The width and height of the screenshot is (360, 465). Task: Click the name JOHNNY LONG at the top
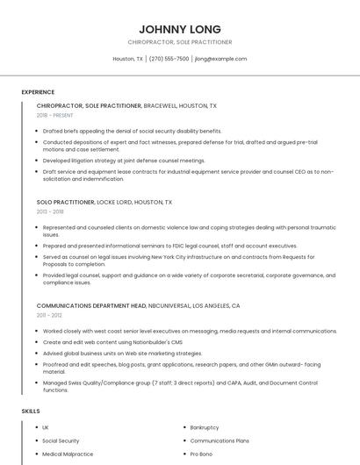179,29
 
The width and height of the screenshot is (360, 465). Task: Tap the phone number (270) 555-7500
169,59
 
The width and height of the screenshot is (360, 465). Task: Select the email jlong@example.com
220,59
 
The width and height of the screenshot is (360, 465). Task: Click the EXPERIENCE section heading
38,92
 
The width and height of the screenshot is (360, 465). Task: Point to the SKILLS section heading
31,411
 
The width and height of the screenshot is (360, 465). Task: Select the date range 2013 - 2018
50,211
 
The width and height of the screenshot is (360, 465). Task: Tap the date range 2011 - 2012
49,315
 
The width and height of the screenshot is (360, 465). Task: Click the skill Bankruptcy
205,427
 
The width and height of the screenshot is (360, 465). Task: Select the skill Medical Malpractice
68,454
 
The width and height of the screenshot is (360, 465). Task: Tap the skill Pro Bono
201,454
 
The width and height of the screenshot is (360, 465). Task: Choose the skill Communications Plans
220,440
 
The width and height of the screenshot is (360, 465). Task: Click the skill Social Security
61,440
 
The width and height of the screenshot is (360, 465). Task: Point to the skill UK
46,427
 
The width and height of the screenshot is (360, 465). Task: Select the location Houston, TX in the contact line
127,59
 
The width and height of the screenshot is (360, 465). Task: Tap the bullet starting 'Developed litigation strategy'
124,161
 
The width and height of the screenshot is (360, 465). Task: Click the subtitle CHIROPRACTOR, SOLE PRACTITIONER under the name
179,42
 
